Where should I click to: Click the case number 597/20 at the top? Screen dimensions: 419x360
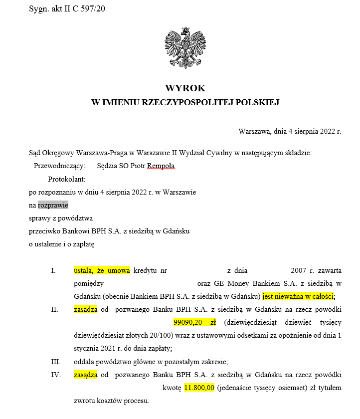pyautogui.click(x=97, y=9)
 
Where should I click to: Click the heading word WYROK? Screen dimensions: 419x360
pyautogui.click(x=185, y=88)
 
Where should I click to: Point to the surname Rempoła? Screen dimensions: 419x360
pyautogui.click(x=162, y=166)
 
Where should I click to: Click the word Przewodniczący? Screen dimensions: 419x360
pyautogui.click(x=59, y=166)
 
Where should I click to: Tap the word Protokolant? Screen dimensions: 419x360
pyautogui.click(x=67, y=179)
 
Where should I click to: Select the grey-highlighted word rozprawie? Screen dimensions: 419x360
pyautogui.click(x=53, y=205)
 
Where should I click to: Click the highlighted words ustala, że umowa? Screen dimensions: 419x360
pyautogui.click(x=102, y=270)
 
